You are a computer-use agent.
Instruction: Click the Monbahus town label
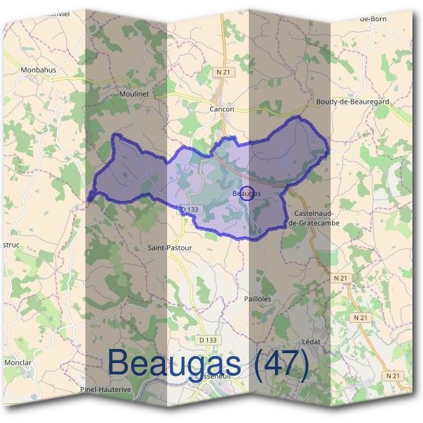pyautogui.click(x=38, y=70)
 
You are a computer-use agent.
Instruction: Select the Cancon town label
pyautogui.click(x=221, y=109)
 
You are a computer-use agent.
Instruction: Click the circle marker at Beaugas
pyautogui.click(x=247, y=193)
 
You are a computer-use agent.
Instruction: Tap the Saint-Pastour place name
pyautogui.click(x=169, y=248)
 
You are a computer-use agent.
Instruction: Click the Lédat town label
pyautogui.click(x=311, y=341)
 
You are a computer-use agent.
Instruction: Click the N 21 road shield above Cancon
pyautogui.click(x=223, y=72)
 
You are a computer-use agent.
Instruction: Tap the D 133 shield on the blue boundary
pyautogui.click(x=189, y=209)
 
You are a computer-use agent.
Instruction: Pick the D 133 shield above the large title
pyautogui.click(x=207, y=340)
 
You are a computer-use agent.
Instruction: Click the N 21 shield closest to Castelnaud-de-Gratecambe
pyautogui.click(x=341, y=278)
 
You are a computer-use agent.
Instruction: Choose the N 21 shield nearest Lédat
pyautogui.click(x=360, y=317)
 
